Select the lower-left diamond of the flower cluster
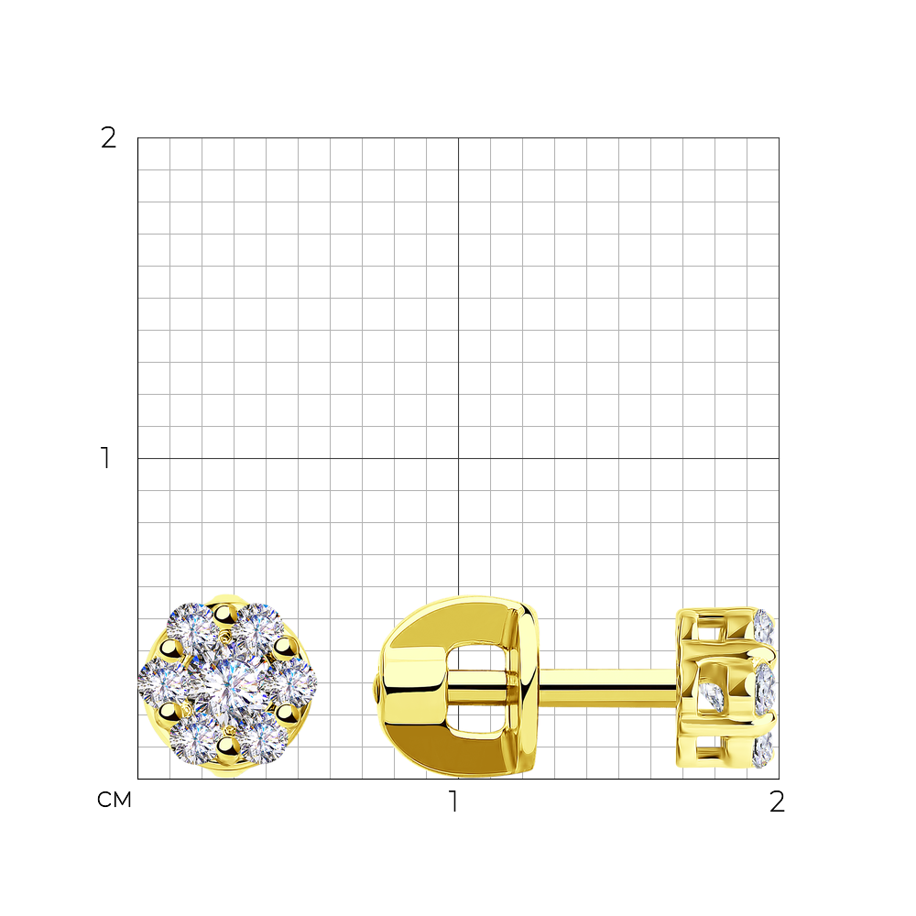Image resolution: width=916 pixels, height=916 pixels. (194, 739)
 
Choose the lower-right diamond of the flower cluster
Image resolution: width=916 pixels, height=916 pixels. (263, 739)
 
